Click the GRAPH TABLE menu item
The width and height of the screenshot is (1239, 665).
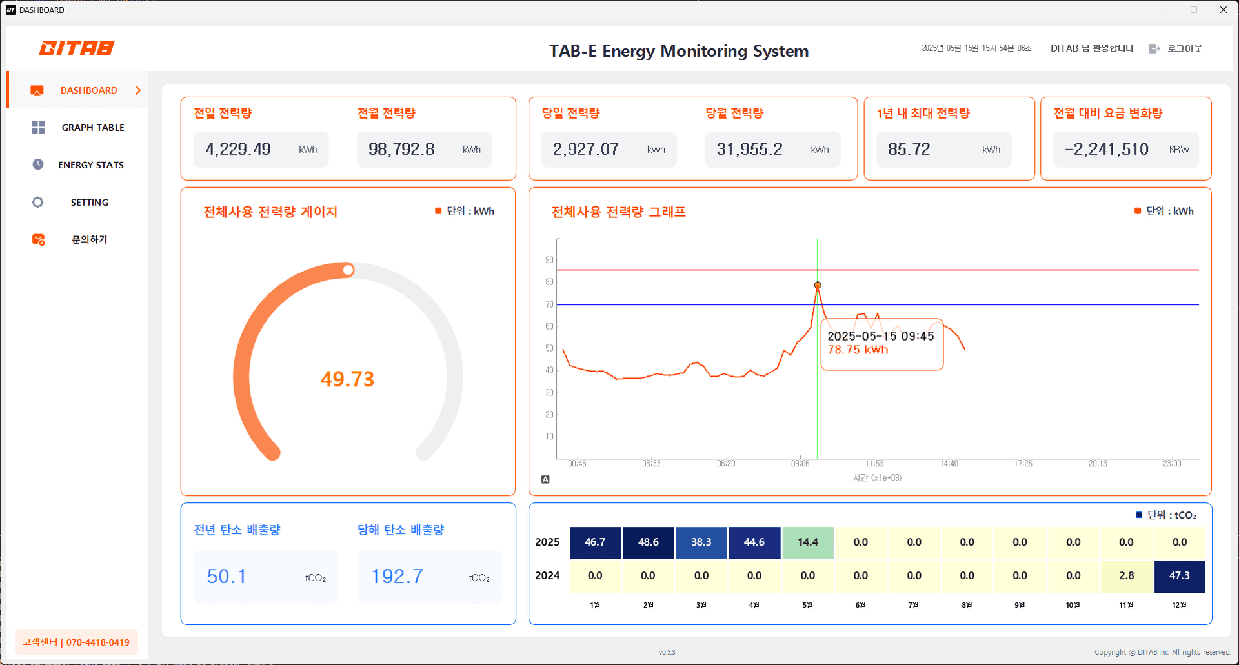click(92, 128)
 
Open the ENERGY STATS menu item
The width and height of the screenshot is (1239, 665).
click(90, 165)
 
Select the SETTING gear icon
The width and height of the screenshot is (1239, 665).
click(38, 203)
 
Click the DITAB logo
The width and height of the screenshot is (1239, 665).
click(76, 48)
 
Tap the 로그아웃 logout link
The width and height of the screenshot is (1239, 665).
click(1184, 48)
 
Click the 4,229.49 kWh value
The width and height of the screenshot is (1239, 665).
click(238, 150)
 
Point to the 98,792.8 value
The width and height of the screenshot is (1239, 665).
click(401, 150)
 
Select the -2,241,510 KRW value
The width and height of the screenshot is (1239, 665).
click(1107, 150)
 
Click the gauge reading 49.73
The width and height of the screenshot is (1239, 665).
click(347, 379)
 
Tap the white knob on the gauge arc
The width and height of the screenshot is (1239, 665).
click(348, 270)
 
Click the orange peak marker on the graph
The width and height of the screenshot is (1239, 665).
click(818, 285)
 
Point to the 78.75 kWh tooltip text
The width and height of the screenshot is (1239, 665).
click(858, 350)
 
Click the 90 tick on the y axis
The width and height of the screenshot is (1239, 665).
click(549, 260)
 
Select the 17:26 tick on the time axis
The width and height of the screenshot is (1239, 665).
click(1023, 464)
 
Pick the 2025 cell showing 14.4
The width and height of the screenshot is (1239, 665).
click(807, 542)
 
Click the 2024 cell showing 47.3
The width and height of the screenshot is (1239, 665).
click(1179, 576)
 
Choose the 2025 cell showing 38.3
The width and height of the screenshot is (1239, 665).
click(701, 542)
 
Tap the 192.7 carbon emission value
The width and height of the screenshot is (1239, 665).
click(397, 577)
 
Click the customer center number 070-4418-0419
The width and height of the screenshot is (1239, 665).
click(97, 642)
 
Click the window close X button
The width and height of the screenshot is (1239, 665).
click(1223, 10)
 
